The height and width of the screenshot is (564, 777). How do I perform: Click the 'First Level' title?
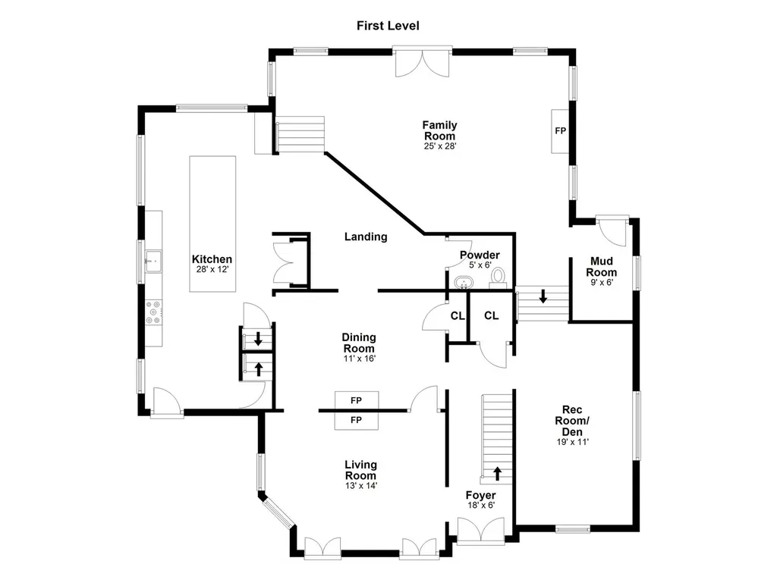(388, 26)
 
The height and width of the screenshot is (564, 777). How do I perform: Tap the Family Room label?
(439, 130)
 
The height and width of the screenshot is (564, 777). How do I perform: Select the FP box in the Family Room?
(561, 131)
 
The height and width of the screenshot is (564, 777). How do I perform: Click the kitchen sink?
(153, 261)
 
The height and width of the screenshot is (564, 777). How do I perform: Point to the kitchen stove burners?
(153, 313)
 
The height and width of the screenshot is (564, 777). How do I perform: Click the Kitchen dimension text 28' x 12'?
(212, 270)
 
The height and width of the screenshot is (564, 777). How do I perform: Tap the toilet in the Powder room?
(498, 277)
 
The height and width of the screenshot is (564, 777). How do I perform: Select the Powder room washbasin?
(464, 282)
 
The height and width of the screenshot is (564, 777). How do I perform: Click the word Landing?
(366, 237)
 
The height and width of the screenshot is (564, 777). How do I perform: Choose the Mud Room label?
(602, 266)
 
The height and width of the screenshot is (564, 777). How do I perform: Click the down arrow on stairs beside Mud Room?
(543, 296)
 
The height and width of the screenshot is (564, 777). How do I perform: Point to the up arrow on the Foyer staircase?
(497, 473)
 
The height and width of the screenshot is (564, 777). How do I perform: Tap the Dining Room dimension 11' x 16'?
(359, 358)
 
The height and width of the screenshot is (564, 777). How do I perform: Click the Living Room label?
(360, 470)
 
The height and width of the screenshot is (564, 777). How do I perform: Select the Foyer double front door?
(480, 531)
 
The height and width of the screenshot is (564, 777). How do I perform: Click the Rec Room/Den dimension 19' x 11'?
(572, 442)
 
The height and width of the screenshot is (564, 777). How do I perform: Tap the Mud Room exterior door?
(612, 230)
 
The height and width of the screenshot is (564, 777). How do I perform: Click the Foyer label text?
(480, 495)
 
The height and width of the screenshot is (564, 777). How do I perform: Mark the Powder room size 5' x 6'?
(480, 265)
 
